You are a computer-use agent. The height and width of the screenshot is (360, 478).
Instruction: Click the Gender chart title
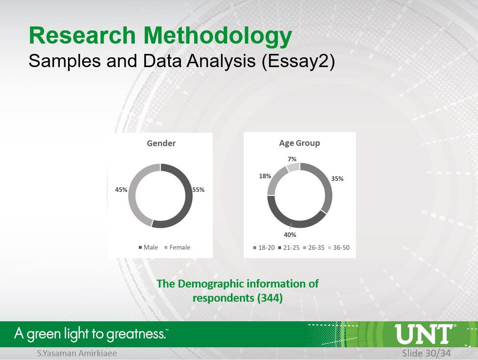[x=161, y=143]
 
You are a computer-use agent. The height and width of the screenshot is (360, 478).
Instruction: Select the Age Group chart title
[x=300, y=143]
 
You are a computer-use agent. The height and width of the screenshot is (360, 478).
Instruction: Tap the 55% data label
[x=198, y=190]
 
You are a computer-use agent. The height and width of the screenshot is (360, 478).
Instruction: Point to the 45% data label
[x=121, y=190]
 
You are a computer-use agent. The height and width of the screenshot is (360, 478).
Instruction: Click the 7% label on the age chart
[x=292, y=159]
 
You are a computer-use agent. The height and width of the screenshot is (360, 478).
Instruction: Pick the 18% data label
[x=265, y=176]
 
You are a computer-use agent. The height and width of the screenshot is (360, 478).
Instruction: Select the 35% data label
[x=337, y=178]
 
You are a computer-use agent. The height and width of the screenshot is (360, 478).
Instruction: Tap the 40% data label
[x=290, y=235]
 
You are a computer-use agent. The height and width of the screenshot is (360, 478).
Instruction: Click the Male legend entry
[x=149, y=247]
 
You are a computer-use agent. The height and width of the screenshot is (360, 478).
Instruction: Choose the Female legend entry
[x=177, y=247]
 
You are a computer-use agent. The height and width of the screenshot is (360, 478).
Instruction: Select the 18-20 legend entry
[x=264, y=248]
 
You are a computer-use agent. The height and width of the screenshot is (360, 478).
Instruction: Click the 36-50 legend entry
[x=339, y=248]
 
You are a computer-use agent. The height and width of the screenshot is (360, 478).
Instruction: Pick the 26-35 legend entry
[x=314, y=248]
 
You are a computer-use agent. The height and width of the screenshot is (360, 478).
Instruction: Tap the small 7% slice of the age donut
[x=293, y=167]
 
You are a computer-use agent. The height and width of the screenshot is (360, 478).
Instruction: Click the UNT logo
[x=425, y=334]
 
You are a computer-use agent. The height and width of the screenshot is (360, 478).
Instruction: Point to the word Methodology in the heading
[x=218, y=36]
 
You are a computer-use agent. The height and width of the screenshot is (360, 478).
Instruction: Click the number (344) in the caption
[x=270, y=298]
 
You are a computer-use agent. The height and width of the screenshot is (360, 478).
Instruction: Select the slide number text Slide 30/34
[x=426, y=353]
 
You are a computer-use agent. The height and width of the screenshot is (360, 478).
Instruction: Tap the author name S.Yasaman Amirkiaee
[x=77, y=353]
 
